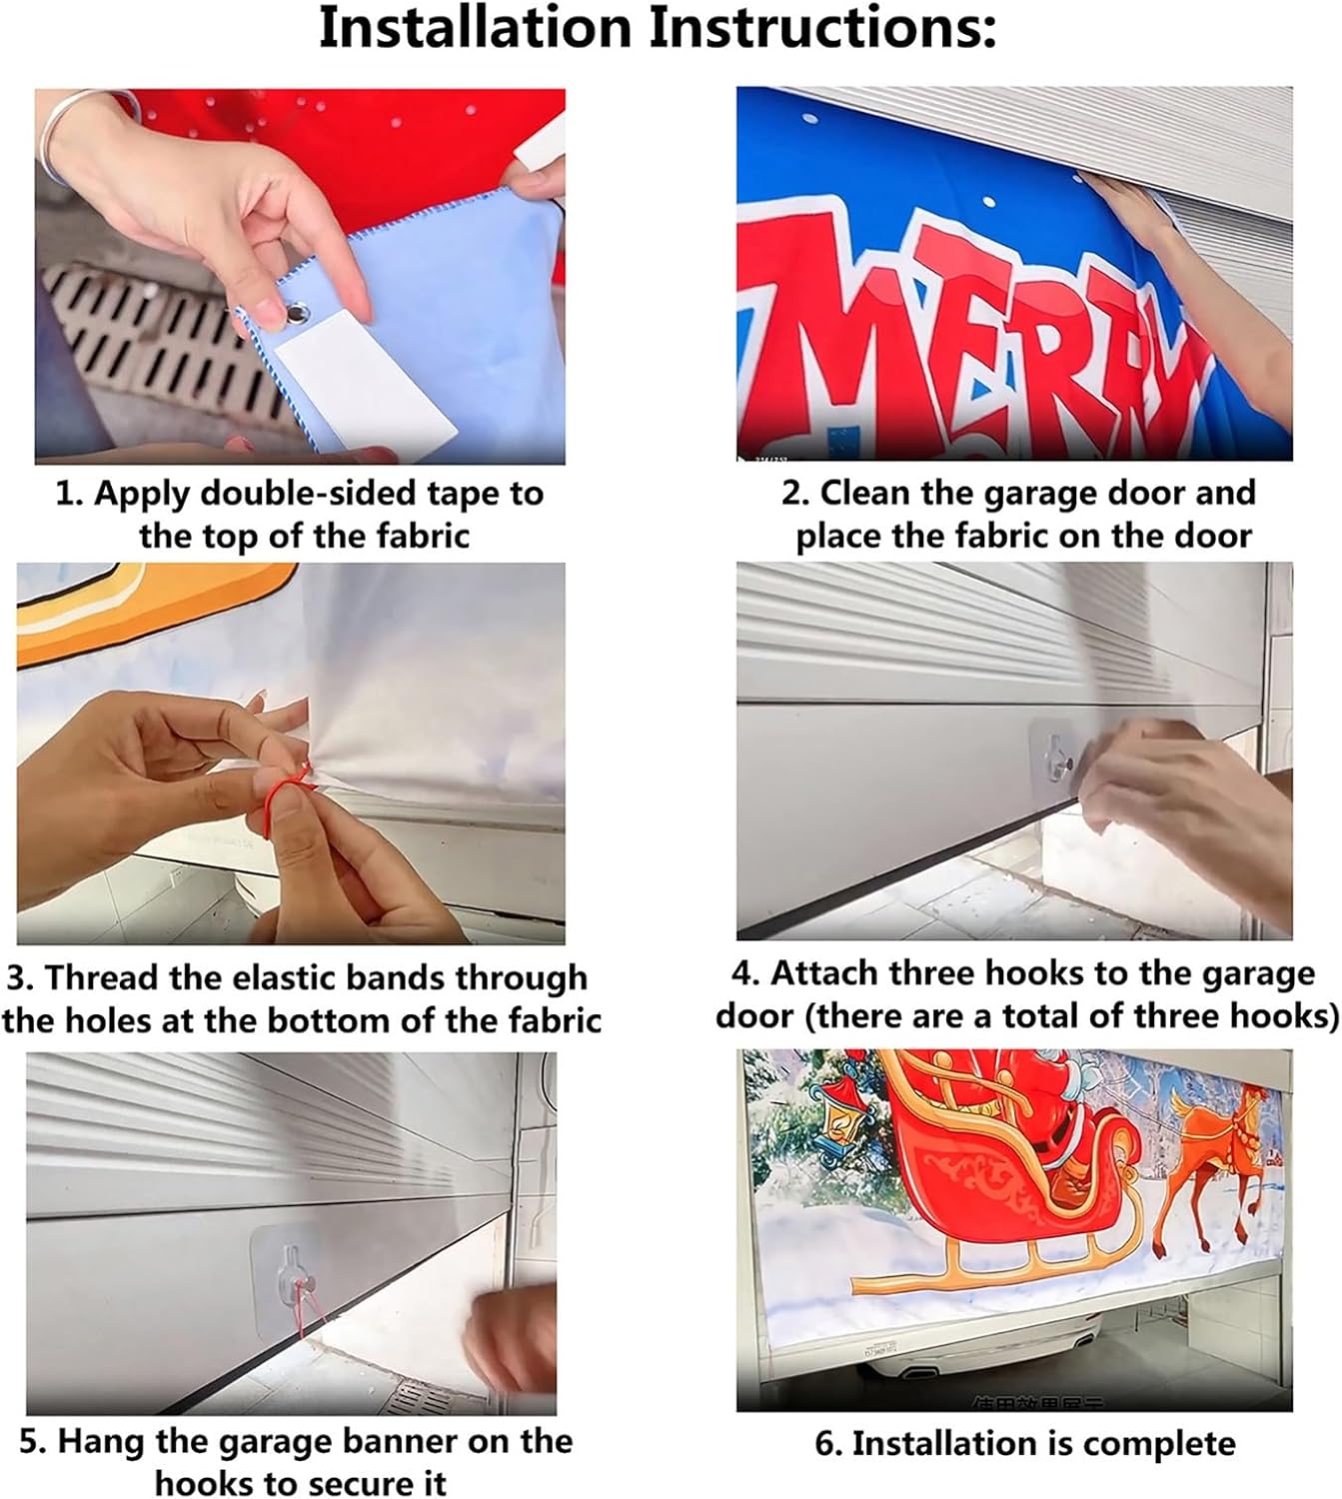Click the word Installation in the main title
[475, 27]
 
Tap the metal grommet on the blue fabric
[298, 313]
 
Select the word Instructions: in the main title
[823, 27]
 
